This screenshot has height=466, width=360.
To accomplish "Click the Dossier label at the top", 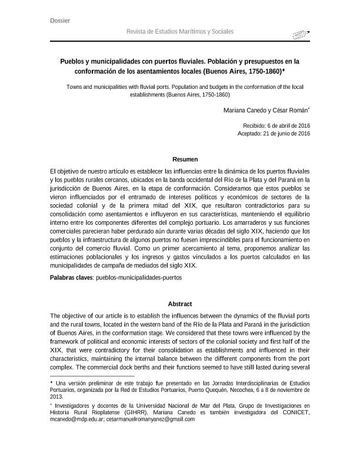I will coord(61,21).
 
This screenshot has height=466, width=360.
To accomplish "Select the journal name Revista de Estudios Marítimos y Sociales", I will coord(180,31).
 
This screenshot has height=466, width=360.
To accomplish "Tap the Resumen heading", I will coord(184,159).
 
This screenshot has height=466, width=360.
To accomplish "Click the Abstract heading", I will coord(180,304).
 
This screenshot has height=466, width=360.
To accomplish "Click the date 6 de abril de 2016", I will coord(289,126).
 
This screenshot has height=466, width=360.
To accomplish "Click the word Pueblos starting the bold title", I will coord(74,61).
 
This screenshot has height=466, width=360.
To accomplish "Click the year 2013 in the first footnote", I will coord(58,397).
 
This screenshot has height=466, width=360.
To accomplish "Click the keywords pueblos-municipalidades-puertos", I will coord(139,276).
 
